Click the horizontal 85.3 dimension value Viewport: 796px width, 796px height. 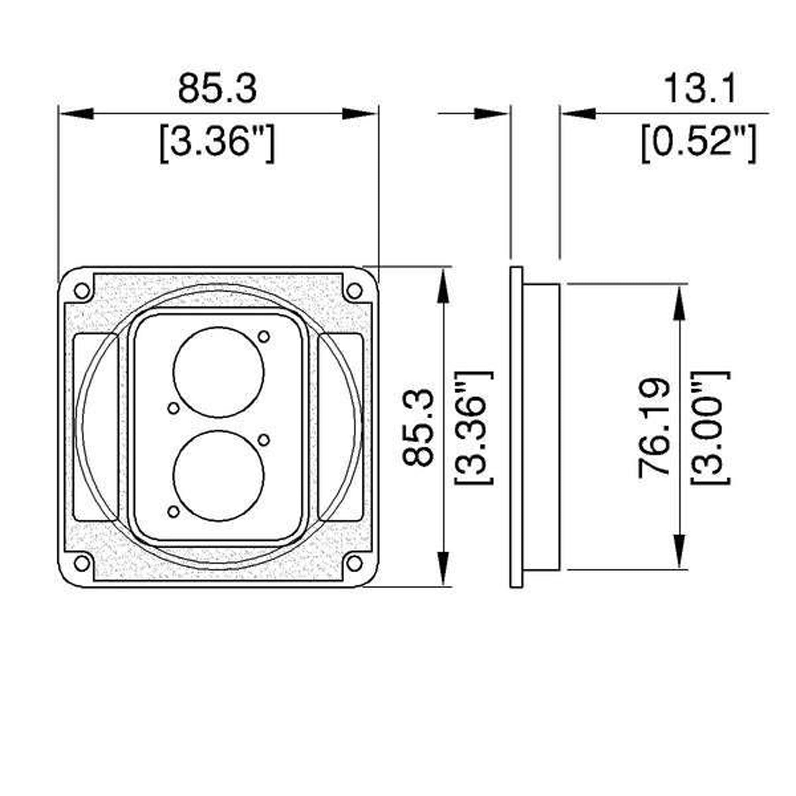(x=217, y=90)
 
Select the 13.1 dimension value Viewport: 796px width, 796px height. (x=700, y=90)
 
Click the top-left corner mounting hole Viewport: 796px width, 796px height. (x=82, y=291)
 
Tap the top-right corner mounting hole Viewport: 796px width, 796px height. (x=354, y=291)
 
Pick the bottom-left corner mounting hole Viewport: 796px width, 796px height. (x=82, y=563)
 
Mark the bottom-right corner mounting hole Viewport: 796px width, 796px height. (x=354, y=563)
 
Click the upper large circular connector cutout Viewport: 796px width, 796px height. (x=219, y=372)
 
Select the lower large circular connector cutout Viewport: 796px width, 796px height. (x=219, y=476)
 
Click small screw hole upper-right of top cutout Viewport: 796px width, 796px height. (x=264, y=337)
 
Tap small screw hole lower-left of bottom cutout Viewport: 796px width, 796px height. (x=174, y=512)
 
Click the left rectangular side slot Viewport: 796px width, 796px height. (x=96, y=427)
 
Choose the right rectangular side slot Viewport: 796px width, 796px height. (x=341, y=427)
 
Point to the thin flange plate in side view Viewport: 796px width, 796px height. (x=516, y=427)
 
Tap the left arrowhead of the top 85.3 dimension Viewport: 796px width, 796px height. (x=76, y=114)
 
